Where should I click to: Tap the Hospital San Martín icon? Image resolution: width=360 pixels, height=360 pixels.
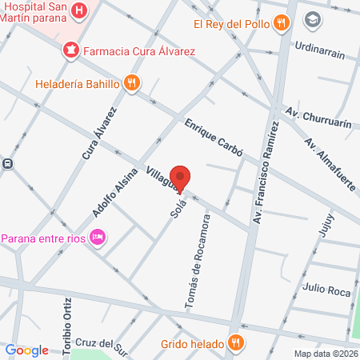click(80, 11)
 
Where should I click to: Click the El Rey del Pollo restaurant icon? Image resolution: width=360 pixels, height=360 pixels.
click(280, 23)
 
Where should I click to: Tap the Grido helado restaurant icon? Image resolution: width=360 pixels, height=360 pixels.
click(235, 342)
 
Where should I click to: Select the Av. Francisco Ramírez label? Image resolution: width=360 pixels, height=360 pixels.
click(266, 169)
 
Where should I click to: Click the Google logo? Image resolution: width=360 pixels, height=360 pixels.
click(27, 350)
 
